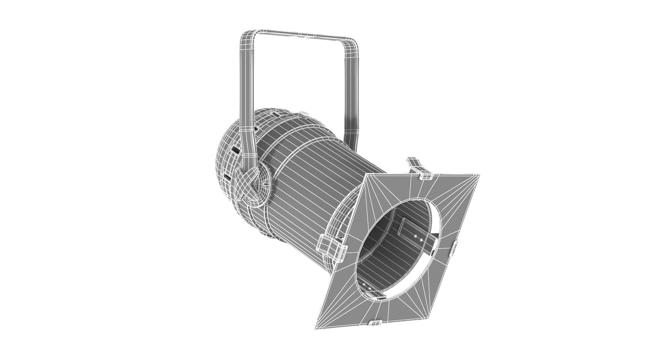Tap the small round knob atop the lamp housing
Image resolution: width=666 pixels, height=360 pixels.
304,113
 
